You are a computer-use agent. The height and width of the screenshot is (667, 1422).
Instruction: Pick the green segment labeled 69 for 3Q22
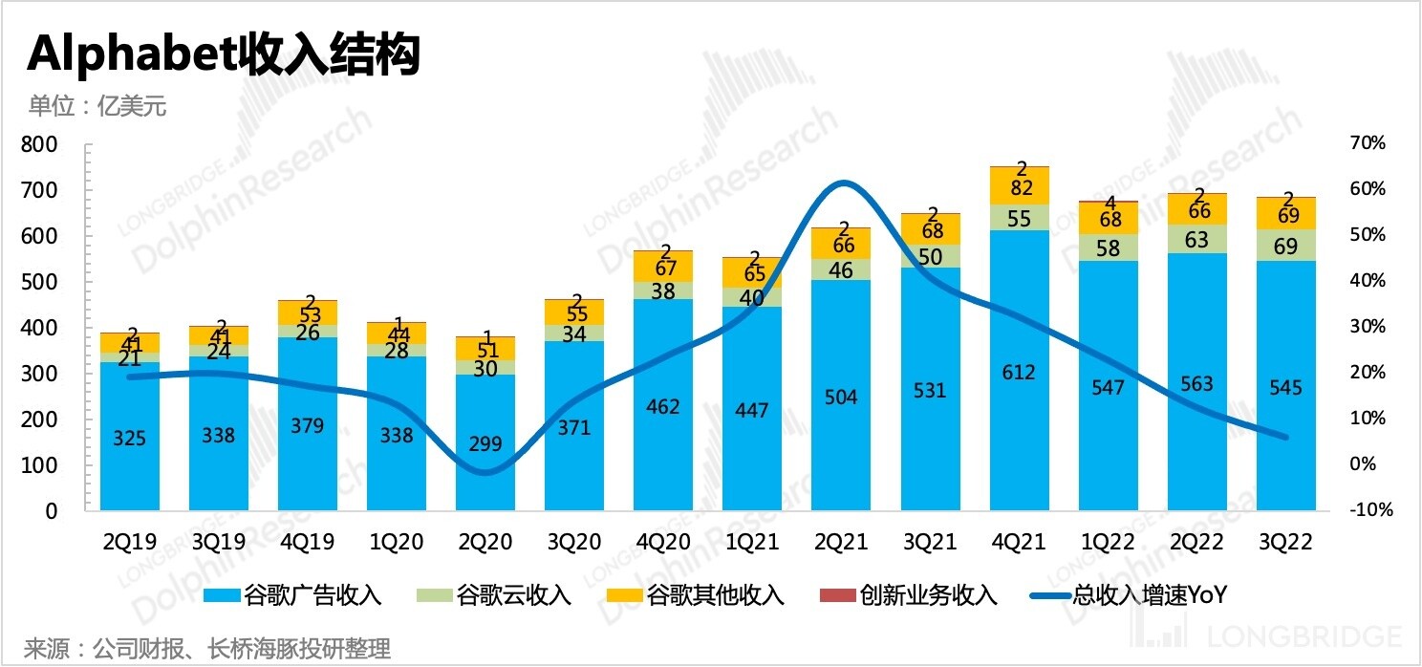pos(1286,247)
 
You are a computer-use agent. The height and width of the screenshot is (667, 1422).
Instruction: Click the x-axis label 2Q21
pos(841,542)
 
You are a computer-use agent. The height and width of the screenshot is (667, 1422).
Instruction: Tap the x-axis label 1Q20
pos(397,542)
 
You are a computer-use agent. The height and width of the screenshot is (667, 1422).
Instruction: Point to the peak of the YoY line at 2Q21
pos(841,183)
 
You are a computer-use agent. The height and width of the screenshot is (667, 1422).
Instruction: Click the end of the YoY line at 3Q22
pos(1286,438)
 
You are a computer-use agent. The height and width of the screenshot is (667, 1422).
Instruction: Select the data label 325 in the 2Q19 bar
pos(130,440)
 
